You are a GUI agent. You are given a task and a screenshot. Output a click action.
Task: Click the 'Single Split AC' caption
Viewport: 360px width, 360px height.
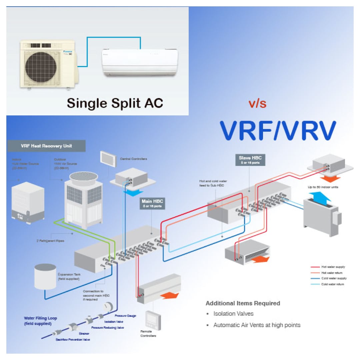pos(115,103)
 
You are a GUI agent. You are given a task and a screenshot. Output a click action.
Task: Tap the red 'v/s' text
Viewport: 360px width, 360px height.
pos(257,103)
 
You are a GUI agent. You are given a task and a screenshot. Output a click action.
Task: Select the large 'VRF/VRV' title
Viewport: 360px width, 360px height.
pos(278,131)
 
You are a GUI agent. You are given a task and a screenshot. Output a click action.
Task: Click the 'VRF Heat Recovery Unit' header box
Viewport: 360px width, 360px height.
pos(46,146)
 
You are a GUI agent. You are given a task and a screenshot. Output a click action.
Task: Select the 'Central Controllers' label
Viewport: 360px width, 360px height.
pos(133,159)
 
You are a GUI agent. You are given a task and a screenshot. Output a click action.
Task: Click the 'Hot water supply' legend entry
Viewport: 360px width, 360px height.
pos(333,267)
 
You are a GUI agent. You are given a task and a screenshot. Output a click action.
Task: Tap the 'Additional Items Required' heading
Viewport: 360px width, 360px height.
pos(243,303)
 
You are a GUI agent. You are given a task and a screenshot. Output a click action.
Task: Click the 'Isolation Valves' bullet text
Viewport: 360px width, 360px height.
pos(233,314)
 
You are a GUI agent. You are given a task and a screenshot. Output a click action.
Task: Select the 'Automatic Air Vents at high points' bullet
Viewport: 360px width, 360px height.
pos(257,325)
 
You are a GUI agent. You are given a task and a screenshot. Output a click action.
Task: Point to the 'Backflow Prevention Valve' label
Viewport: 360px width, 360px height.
pos(72,339)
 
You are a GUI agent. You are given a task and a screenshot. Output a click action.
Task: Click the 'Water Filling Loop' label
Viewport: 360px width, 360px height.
pos(40,321)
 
